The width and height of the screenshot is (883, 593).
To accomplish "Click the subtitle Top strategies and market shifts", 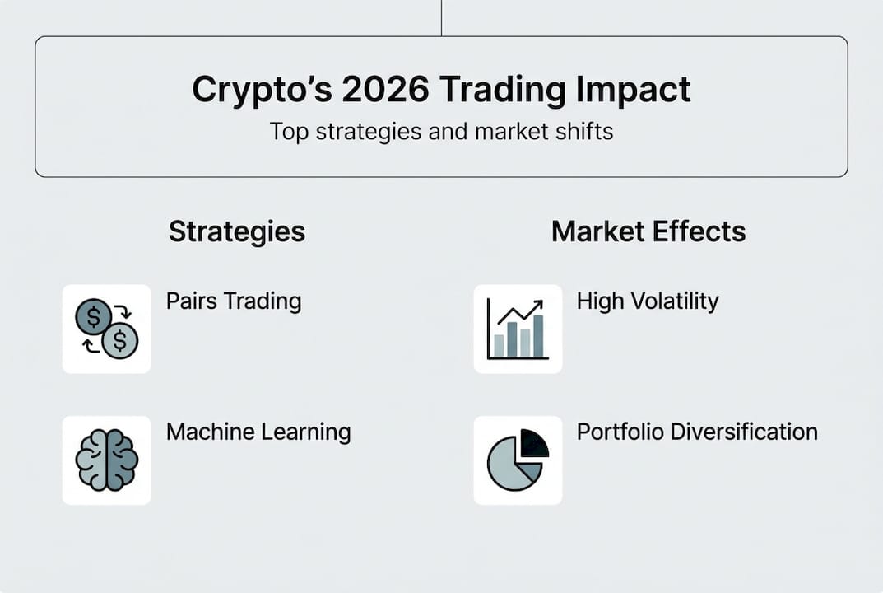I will click(441, 131).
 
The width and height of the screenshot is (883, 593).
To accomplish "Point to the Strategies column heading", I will click(237, 231).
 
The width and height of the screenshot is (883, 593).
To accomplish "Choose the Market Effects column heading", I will click(648, 231).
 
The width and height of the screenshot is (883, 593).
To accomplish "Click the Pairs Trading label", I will click(234, 301).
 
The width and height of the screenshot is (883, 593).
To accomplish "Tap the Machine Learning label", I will click(258, 432).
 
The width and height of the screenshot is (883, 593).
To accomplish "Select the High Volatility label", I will click(648, 301).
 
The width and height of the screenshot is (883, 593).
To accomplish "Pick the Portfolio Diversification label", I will click(697, 432).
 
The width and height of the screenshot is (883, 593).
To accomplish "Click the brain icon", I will click(106, 460).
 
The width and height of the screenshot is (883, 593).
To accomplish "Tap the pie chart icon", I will click(518, 460).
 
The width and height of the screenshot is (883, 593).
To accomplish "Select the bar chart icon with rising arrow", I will click(518, 329).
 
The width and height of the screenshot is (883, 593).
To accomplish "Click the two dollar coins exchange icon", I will click(106, 329).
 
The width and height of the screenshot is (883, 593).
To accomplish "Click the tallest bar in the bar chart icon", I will click(538, 336).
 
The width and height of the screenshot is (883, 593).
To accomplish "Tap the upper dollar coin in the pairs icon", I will click(93, 316).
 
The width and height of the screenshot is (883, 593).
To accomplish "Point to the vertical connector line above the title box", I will click(441, 17).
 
